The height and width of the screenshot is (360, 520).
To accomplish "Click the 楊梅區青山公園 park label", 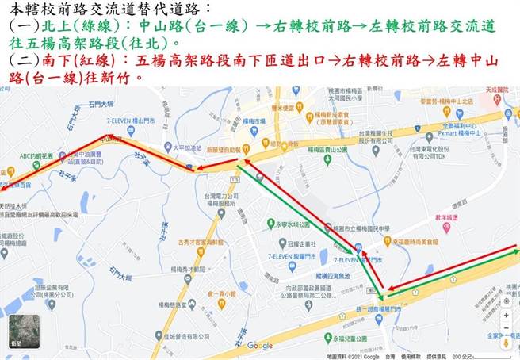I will (327, 148).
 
